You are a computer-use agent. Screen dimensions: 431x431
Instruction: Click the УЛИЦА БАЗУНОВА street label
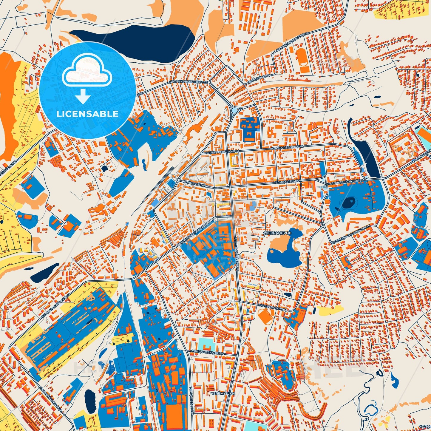[273, 308]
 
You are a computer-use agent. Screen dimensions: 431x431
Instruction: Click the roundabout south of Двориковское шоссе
[235, 110]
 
